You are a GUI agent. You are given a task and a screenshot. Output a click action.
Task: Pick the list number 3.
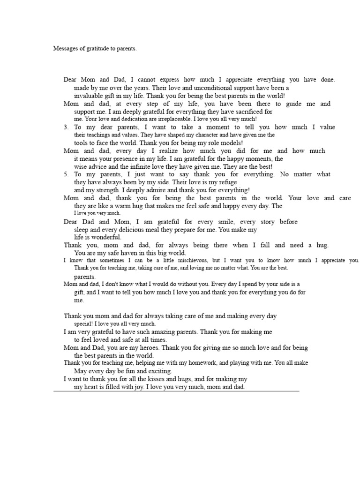pyautogui.click(x=66, y=127)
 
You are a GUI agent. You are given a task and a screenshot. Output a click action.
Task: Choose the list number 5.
pyautogui.click(x=66, y=174)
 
